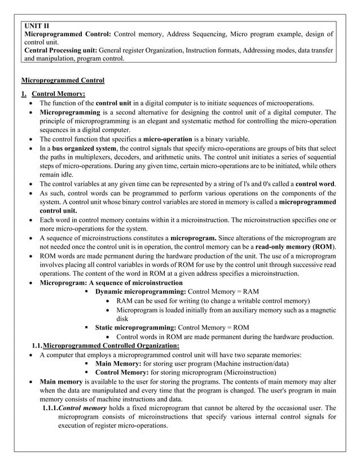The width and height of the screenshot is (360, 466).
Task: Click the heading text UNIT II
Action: (38, 26)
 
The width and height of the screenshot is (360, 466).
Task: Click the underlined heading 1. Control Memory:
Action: (52, 94)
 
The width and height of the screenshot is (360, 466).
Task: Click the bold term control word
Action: (315, 184)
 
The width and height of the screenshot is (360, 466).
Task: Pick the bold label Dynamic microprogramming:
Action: (140, 292)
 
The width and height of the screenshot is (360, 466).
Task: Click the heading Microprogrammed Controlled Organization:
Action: (111, 345)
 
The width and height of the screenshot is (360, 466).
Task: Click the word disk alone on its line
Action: (122, 319)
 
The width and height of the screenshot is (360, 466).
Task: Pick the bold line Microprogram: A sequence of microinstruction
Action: (111, 283)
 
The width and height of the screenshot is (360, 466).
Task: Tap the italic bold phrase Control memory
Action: (82, 408)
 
